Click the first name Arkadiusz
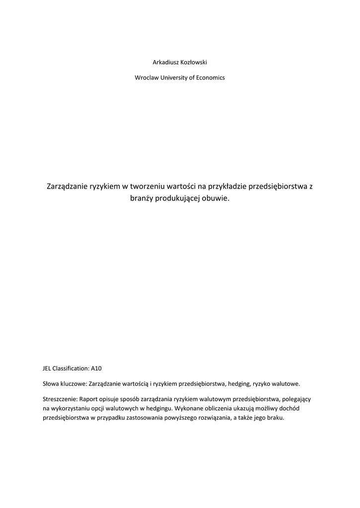pos(166,62)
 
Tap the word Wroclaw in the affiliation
pos(146,78)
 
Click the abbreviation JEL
pos(48,369)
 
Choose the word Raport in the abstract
pos(89,399)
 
